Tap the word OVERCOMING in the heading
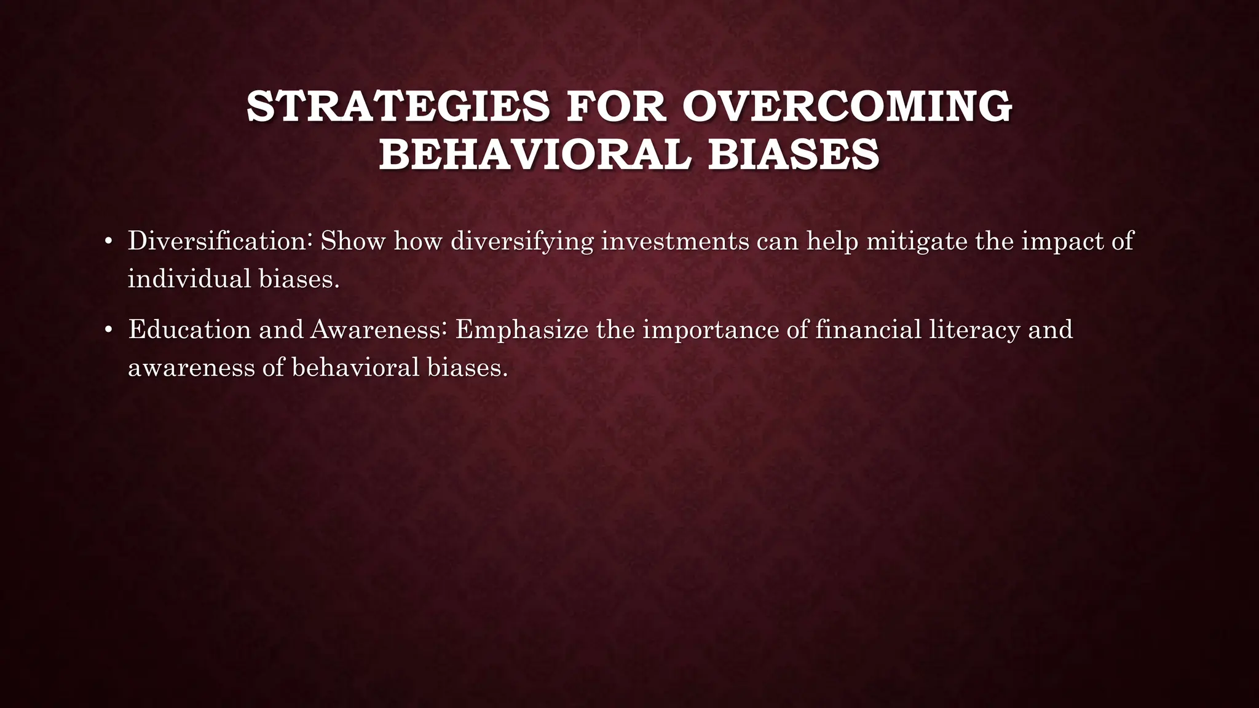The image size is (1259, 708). [x=847, y=107]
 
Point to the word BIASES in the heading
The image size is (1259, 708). [x=793, y=155]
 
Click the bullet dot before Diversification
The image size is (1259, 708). [x=108, y=241]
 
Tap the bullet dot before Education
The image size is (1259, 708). [x=108, y=330]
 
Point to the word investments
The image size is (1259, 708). [x=674, y=241]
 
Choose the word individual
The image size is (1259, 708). [x=189, y=279]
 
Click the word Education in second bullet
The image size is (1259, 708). [x=189, y=330]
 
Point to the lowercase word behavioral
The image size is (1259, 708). [x=355, y=368]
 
